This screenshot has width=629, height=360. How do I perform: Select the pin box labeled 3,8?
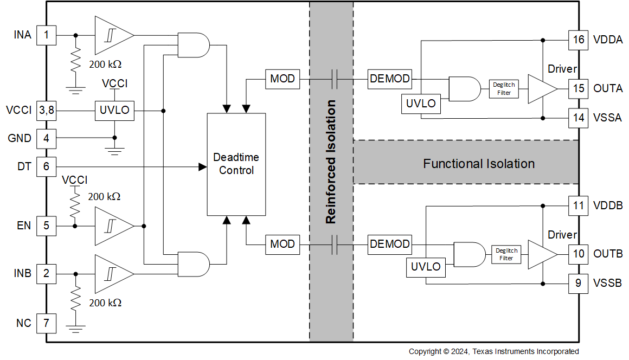[46, 110]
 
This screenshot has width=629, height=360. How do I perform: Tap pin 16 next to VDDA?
[578, 40]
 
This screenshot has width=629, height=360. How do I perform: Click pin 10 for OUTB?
[578, 253]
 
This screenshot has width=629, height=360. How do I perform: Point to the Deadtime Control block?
[236, 163]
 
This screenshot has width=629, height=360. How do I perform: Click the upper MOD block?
[282, 79]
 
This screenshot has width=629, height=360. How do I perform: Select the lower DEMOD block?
[389, 244]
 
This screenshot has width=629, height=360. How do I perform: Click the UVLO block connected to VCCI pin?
[114, 110]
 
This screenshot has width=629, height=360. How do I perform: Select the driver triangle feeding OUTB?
[542, 254]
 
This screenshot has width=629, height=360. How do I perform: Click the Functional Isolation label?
[478, 164]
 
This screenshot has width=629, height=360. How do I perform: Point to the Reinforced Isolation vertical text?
[331, 162]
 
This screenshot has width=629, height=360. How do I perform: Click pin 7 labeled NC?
[46, 323]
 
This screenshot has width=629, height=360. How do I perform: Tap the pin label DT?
[24, 167]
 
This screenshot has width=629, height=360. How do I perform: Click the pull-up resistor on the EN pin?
[75, 206]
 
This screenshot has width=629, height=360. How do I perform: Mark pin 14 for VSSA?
[578, 118]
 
